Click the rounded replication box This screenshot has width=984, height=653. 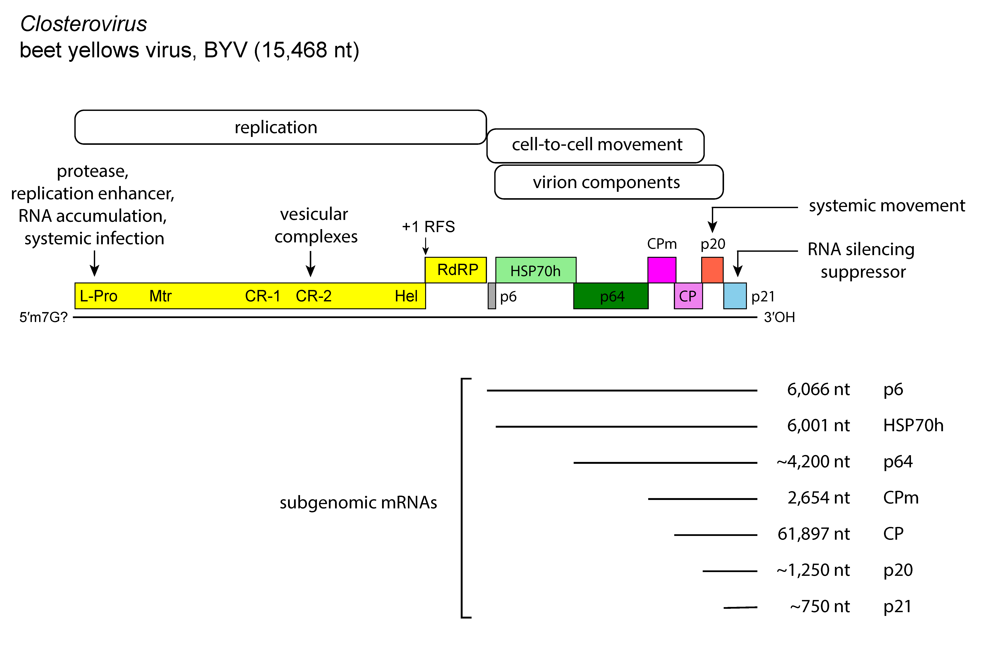(x=280, y=127)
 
